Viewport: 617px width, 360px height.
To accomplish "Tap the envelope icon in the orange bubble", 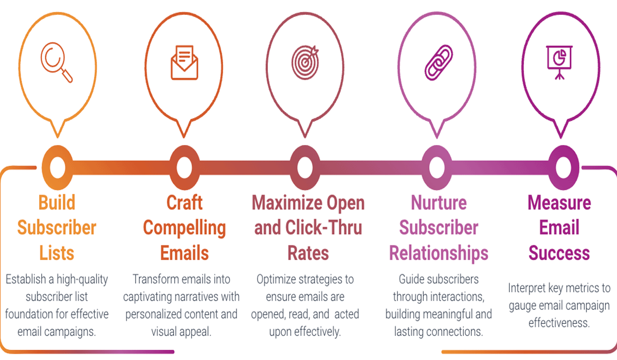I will pyautogui.click(x=184, y=62).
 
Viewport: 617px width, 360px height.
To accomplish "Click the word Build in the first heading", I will pyautogui.click(x=57, y=203).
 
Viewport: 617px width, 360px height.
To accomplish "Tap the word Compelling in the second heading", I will pyautogui.click(x=184, y=228).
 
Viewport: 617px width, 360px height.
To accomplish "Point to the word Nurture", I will pyautogui.click(x=439, y=203).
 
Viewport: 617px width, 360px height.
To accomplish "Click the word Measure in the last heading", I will pyautogui.click(x=559, y=203).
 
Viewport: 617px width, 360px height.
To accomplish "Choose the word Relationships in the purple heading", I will pyautogui.click(x=439, y=253).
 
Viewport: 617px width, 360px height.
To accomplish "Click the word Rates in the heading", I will pyautogui.click(x=308, y=253).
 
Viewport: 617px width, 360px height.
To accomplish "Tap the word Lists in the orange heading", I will pyautogui.click(x=57, y=253).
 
